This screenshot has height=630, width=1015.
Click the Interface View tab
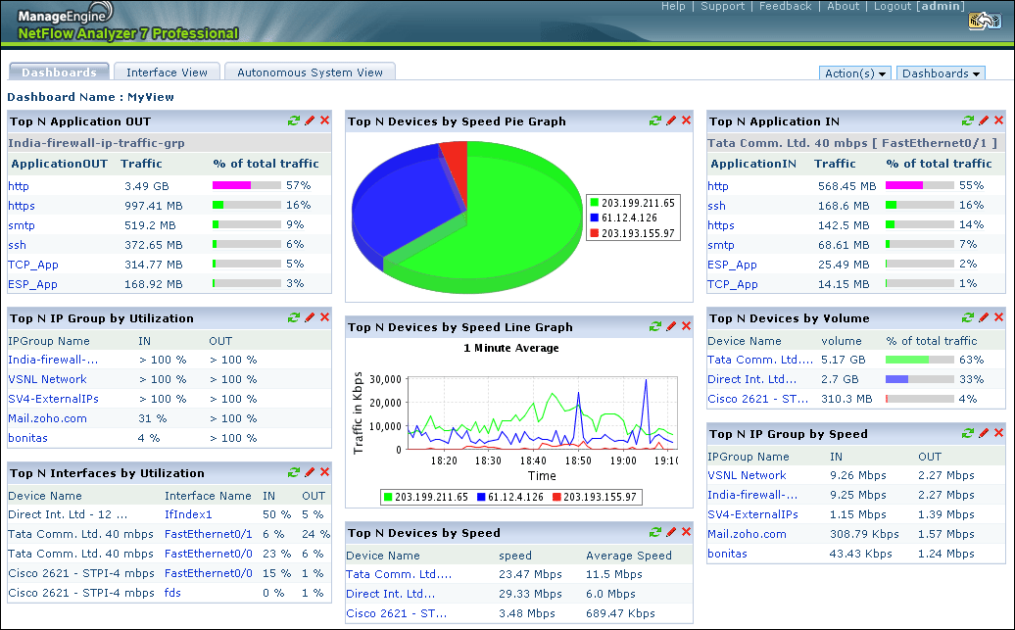click(x=167, y=73)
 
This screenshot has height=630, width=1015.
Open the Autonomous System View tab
click(x=310, y=73)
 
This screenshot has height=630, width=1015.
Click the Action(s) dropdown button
click(x=855, y=73)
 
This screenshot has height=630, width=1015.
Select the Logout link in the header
click(x=893, y=7)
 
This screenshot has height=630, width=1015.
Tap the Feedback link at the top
click(x=785, y=7)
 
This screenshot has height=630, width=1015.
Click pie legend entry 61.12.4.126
click(x=629, y=218)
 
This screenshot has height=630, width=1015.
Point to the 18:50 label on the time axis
click(x=579, y=460)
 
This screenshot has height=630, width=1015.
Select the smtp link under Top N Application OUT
click(x=22, y=225)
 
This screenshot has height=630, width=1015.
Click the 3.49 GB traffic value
click(x=146, y=186)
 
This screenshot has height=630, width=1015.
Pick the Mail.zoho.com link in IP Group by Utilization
click(x=47, y=418)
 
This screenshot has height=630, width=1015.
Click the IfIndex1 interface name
click(x=188, y=514)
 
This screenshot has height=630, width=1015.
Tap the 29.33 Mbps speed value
click(x=527, y=594)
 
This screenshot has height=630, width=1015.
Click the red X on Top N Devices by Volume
click(x=998, y=317)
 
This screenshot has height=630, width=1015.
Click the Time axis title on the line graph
click(x=542, y=475)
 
